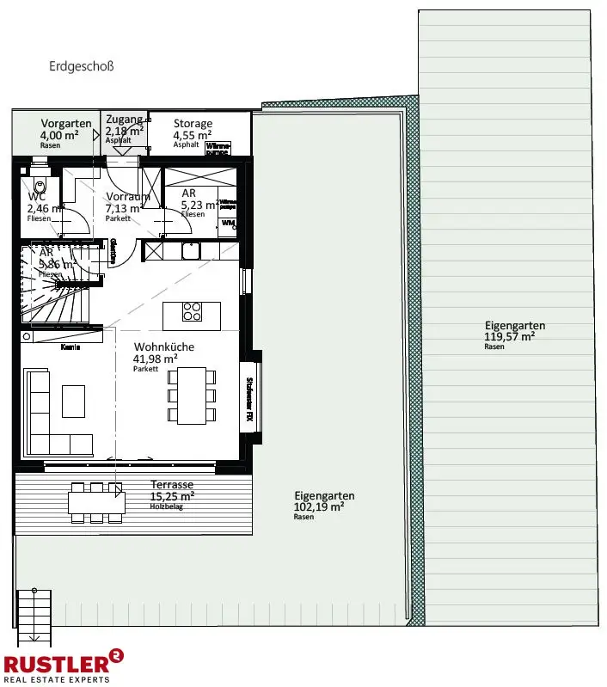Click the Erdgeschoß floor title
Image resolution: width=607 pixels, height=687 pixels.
[83, 66]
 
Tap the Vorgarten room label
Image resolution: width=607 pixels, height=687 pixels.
[65, 124]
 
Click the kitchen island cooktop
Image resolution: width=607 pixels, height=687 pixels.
[192, 311]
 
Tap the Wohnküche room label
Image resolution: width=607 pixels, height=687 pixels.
[163, 347]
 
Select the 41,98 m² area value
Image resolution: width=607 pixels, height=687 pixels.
[156, 359]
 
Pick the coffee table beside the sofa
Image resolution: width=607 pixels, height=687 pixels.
[73, 400]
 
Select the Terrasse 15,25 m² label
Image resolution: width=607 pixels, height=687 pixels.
[172, 490]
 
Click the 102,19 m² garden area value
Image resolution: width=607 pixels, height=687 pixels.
[319, 507]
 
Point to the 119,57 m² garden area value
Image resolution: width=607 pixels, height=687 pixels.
[510, 337]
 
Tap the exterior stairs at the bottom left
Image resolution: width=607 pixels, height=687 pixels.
[34, 614]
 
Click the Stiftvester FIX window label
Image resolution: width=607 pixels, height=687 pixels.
[249, 399]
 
